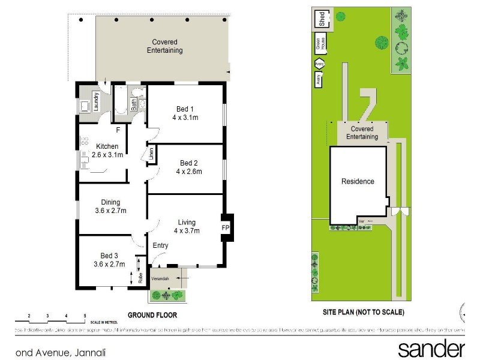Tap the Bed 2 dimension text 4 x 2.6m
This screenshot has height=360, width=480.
click(189, 172)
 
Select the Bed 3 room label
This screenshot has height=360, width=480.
click(109, 255)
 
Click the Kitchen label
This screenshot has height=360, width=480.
click(107, 146)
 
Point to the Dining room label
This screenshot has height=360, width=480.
click(110, 202)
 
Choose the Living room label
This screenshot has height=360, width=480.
click(187, 223)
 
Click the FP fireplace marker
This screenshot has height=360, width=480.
click(226, 228)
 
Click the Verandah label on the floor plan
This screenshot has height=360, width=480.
click(160, 279)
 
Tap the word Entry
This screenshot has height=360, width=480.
click(160, 245)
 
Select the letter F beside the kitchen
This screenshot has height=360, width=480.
click(118, 130)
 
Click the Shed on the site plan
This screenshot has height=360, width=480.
click(322, 19)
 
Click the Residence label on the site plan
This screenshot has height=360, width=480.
click(358, 181)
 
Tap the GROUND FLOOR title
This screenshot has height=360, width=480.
click(152, 314)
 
